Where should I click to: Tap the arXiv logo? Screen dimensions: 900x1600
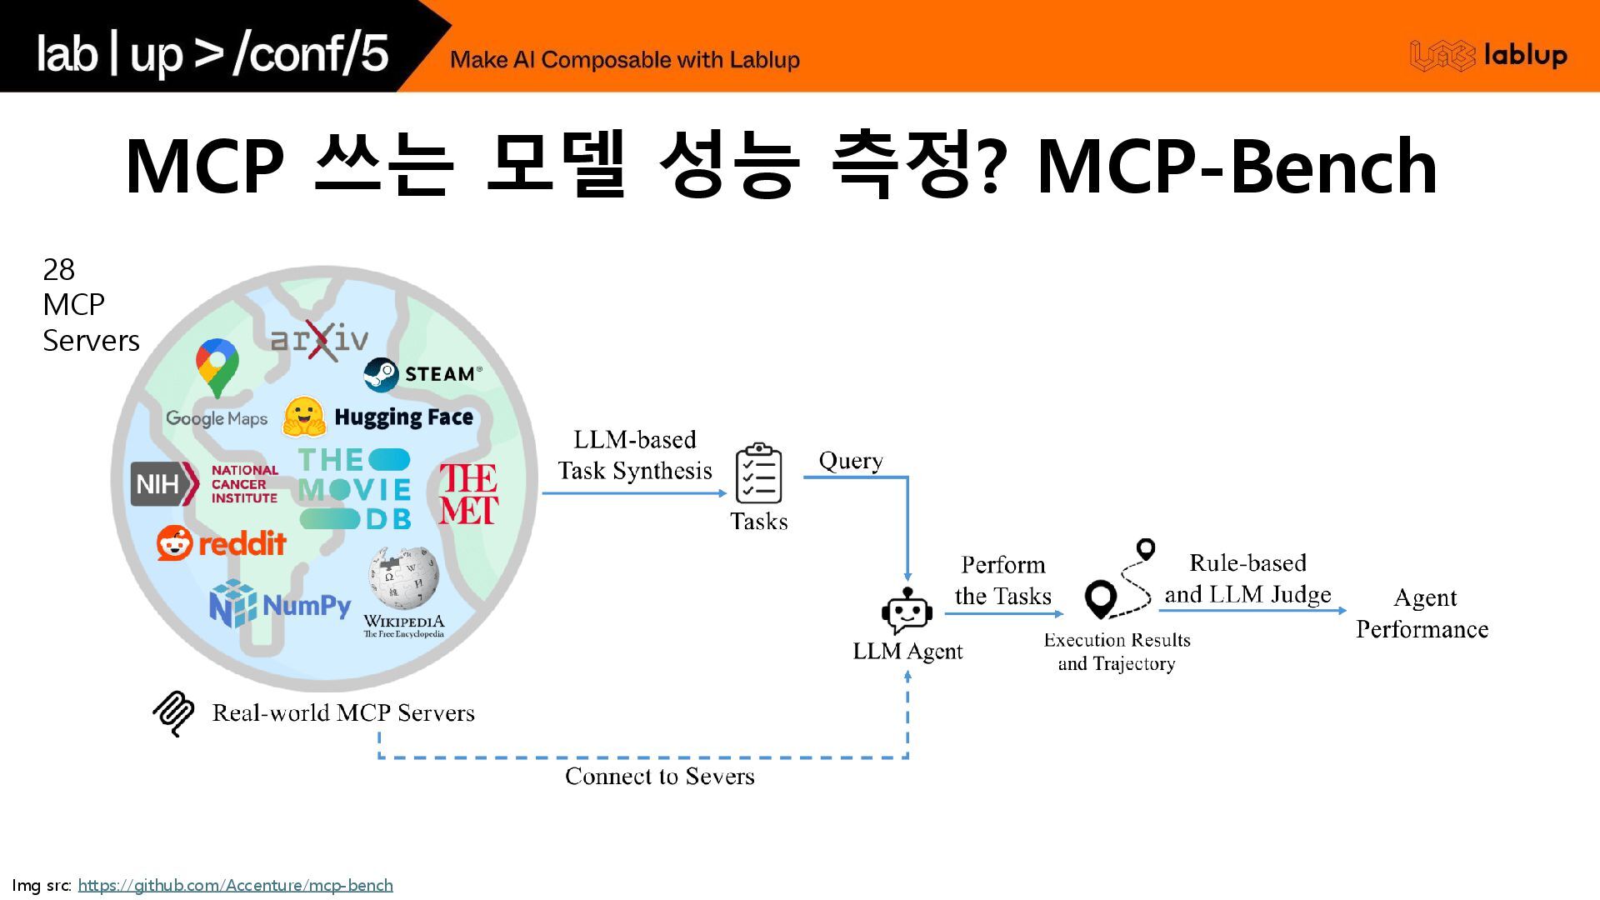click(319, 339)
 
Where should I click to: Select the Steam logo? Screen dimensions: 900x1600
click(422, 374)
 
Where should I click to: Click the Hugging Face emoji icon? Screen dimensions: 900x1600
click(303, 417)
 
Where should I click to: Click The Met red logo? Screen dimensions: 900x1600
click(468, 494)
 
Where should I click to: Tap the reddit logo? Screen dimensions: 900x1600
click(222, 543)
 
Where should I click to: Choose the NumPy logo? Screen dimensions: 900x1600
click(280, 604)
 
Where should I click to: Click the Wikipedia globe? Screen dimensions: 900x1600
click(403, 577)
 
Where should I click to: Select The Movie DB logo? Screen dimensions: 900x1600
click(355, 489)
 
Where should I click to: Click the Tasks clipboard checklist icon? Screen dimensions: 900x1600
click(758, 473)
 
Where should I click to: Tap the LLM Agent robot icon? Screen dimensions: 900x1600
click(907, 612)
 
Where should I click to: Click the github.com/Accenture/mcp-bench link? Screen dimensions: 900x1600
click(235, 885)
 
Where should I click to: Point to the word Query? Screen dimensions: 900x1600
click(850, 461)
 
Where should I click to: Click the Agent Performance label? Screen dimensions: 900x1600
click(1422, 613)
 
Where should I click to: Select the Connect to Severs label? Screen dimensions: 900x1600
click(659, 777)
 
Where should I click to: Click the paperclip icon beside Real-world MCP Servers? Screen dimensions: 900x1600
click(173, 713)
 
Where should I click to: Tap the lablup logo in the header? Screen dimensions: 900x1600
click(1488, 55)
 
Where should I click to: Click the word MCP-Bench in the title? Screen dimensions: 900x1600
click(1237, 167)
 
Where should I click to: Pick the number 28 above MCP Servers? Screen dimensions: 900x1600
click(58, 270)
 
